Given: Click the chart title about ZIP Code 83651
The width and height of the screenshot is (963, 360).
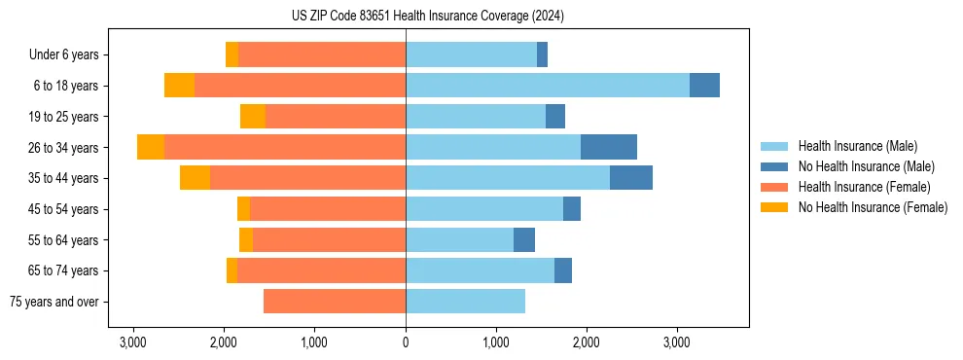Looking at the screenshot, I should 427,16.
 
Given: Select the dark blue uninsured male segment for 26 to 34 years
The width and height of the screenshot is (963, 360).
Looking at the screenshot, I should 609,147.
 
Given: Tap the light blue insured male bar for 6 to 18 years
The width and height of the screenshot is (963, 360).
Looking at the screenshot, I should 548,86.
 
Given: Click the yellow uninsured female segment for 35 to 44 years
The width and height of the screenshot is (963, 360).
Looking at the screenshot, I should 195,178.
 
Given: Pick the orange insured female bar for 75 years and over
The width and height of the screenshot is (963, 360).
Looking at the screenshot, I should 335,302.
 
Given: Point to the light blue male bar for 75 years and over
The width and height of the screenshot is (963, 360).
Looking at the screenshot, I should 465,302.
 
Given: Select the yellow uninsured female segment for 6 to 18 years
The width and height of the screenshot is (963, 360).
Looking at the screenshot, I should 179,86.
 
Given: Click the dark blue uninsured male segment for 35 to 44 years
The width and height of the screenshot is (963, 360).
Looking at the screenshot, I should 631,178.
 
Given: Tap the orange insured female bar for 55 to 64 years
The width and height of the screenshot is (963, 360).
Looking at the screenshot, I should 329,240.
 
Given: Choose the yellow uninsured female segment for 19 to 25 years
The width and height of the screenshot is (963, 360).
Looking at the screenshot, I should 253,117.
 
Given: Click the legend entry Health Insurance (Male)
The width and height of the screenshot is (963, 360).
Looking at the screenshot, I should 857,146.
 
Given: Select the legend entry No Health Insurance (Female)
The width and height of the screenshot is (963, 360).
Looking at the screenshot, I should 873,207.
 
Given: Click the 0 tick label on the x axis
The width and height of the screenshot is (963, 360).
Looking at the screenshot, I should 406,342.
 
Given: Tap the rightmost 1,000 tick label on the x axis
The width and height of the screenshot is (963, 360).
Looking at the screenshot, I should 496,342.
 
